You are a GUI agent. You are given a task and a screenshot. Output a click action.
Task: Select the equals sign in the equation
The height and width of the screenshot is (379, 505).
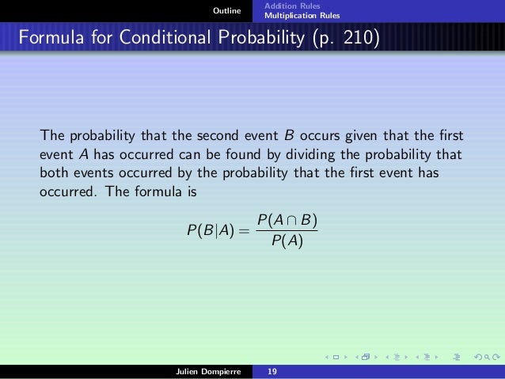click(245, 231)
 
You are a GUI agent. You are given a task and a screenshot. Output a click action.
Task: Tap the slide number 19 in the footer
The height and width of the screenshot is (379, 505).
click(272, 373)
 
